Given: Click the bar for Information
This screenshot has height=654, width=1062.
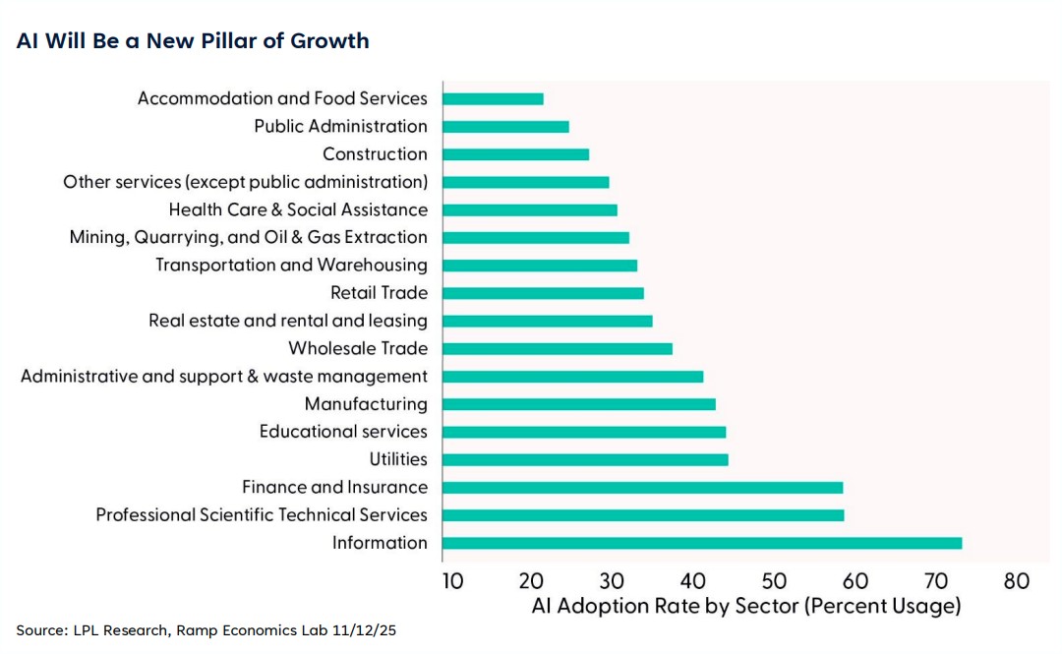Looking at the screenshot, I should click(702, 543).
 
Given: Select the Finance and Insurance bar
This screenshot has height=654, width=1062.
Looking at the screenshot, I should click(643, 487).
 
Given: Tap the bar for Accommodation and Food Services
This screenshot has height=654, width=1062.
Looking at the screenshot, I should click(493, 98).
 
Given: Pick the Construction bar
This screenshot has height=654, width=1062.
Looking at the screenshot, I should click(515, 154).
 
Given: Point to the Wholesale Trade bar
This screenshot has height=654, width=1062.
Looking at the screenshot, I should click(558, 348).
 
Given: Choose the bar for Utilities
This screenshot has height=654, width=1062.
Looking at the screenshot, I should click(585, 459).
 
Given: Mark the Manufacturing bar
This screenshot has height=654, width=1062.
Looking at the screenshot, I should click(579, 403).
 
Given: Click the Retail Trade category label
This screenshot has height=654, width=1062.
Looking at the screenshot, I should click(379, 292).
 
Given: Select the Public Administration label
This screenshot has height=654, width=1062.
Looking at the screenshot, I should click(340, 126).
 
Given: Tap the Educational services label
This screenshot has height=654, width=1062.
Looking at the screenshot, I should click(343, 432).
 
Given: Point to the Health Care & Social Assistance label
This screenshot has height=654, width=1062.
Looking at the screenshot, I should click(298, 209).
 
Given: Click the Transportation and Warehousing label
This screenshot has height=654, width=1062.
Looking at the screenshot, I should click(291, 265).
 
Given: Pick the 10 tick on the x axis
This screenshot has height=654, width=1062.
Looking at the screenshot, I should click(451, 581).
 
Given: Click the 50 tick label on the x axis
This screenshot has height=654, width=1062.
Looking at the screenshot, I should click(774, 581).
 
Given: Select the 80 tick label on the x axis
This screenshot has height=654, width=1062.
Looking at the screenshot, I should click(1017, 581).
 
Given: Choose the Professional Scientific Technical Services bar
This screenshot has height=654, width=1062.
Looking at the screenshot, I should click(643, 514).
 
